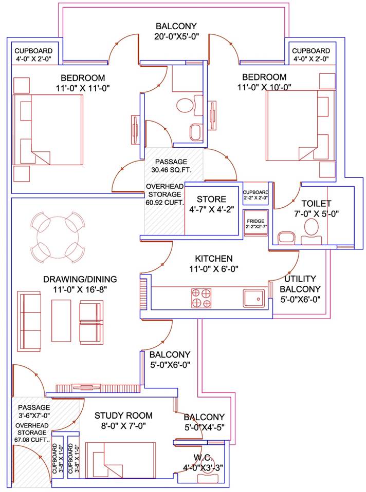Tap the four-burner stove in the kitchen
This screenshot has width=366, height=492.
(202, 298)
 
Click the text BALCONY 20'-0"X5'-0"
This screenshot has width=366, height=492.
(176, 31)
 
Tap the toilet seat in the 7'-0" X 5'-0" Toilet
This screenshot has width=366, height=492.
(312, 229)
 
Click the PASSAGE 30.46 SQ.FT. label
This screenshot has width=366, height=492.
(163, 165)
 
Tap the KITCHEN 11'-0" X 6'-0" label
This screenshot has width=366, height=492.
(213, 263)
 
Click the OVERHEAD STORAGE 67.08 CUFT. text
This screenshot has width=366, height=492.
(32, 433)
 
